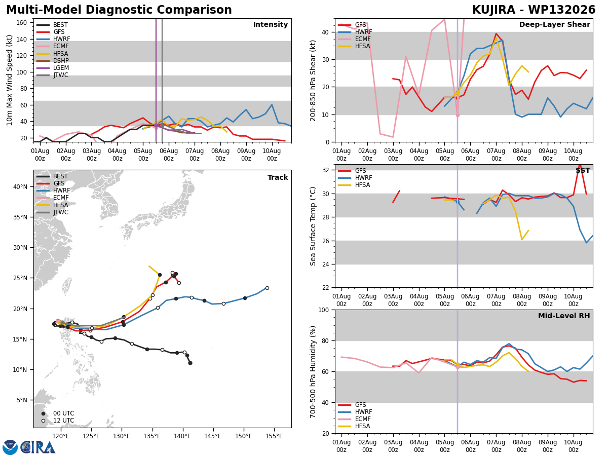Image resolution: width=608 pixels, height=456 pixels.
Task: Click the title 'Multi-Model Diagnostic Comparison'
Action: tap(119, 10)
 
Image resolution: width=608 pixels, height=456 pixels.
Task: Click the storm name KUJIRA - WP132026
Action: tap(534, 10)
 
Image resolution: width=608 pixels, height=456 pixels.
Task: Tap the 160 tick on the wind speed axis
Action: tap(22, 23)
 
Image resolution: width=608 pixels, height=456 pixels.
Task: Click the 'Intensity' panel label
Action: tap(271, 24)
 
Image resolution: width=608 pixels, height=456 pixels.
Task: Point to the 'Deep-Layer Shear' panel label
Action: tap(554, 24)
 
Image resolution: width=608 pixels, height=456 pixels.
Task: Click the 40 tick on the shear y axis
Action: tap(325, 32)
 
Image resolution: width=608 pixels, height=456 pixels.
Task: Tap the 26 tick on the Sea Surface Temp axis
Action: tap(325, 241)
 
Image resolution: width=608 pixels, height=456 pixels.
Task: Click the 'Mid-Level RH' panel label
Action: tap(564, 316)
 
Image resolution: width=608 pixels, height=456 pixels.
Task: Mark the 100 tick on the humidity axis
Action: tap(324, 310)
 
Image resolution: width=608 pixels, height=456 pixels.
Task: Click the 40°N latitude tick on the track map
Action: tap(20, 187)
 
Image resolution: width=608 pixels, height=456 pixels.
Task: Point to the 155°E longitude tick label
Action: tap(274, 437)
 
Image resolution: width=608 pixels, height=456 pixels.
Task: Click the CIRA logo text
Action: tap(38, 447)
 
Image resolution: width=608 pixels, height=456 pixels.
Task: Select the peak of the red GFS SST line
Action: tap(580, 165)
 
